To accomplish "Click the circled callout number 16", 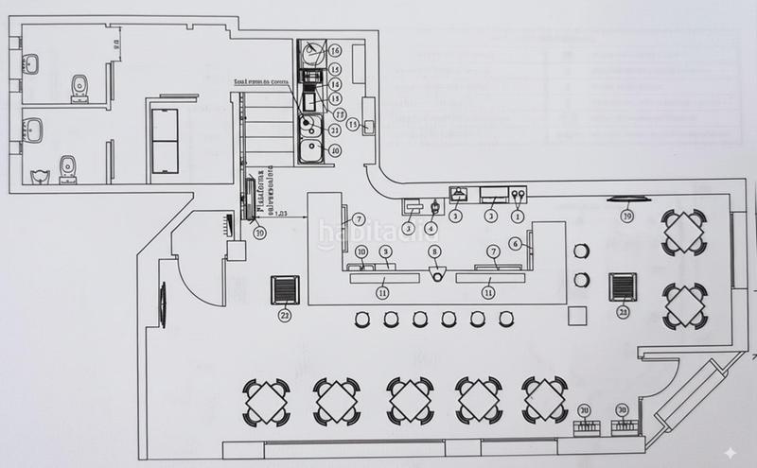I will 334,50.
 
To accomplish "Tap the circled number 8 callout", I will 434,251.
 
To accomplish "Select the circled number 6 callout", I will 516,243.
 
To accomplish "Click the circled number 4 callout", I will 431,227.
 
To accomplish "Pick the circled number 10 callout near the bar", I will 361,251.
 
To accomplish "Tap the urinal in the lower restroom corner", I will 38,174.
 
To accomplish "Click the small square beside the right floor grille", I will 573,313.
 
